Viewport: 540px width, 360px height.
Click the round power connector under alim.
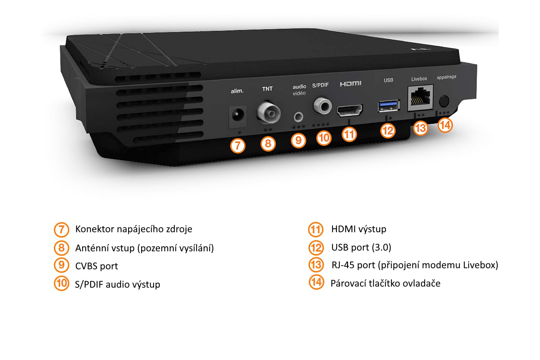pos(237,116)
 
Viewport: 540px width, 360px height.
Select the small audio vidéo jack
pos(298,117)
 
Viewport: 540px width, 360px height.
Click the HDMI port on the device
pos(350,110)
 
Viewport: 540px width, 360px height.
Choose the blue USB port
pos(389,105)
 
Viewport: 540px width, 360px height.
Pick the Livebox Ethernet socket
pos(420,98)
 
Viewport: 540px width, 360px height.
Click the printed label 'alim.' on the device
pos(237,91)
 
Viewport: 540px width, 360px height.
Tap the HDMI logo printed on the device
pos(350,84)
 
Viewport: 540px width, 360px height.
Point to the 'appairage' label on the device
pos(446,77)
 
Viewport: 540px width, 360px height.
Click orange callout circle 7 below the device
pos(238,146)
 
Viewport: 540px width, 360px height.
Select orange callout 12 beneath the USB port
pos(388,130)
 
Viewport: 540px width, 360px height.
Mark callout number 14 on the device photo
pos(445,125)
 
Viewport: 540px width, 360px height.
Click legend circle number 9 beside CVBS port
pos(62,265)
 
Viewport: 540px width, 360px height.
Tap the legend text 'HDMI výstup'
pos(359,229)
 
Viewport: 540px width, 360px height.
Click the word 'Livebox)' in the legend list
pos(481,265)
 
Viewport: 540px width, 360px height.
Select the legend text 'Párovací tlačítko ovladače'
pos(385,283)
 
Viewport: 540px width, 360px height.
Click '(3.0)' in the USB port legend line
pos(381,247)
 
